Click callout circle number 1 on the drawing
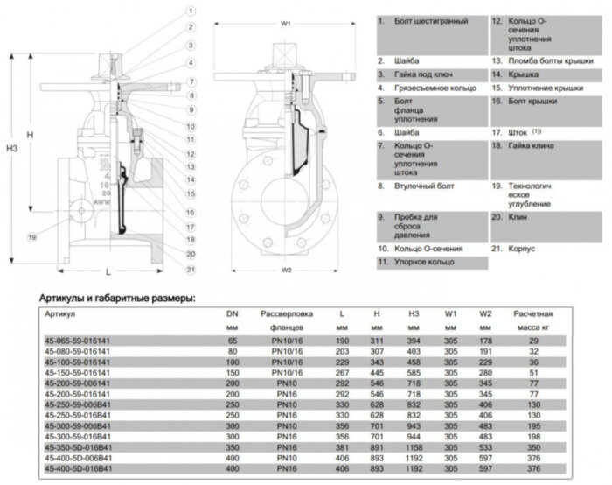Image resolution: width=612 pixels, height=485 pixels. click(189, 11)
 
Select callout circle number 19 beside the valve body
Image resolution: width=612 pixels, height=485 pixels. click(31, 236)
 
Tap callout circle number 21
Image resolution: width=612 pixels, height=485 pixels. click(189, 268)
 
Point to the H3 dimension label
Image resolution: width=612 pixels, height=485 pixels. click(12, 149)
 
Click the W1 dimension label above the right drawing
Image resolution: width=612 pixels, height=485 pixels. click(285, 25)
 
